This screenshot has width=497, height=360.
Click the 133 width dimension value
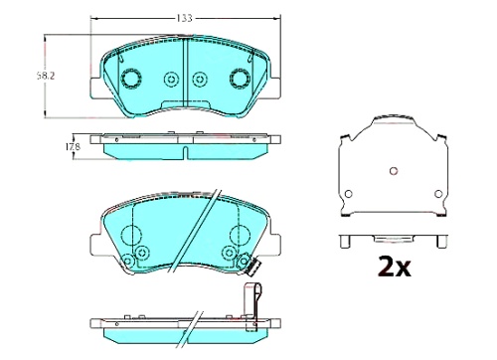tap(184, 18)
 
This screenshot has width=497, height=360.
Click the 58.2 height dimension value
tap(46, 76)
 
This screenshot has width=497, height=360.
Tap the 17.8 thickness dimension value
tap(73, 146)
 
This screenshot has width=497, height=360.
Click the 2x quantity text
tap(395, 267)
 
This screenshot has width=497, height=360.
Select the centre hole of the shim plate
tap(394, 171)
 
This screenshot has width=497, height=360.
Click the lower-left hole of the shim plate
tap(348, 194)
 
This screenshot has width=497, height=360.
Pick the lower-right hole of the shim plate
tap(438, 194)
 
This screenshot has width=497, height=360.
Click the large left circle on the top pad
tap(131, 79)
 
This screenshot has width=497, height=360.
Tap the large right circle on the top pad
tap(240, 79)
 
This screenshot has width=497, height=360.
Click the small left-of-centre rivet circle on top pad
tap(171, 80)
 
